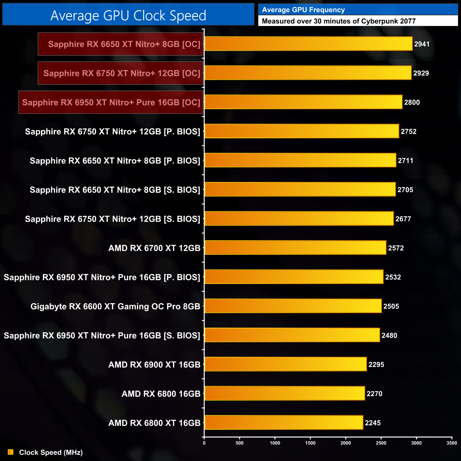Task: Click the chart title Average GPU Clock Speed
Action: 128,16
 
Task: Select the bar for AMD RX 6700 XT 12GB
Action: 295,248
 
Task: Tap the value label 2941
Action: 422,44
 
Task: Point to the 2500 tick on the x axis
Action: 381,443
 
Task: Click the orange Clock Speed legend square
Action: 11,452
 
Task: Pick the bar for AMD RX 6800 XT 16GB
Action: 284,422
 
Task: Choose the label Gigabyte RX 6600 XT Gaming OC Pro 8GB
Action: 115,306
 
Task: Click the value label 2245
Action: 373,423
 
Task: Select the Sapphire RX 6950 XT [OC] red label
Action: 111,102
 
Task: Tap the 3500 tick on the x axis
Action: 452,443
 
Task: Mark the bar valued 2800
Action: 303,102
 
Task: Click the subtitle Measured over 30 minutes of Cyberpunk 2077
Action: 339,21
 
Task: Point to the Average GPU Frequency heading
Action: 303,10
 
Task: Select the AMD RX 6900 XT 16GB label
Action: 154,365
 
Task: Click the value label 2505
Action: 391,306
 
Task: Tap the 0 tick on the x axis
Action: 204,443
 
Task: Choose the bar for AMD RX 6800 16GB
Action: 284,393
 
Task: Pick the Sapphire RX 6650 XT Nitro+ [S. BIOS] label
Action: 115,190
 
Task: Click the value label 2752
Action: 409,132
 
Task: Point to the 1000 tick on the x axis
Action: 275,443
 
